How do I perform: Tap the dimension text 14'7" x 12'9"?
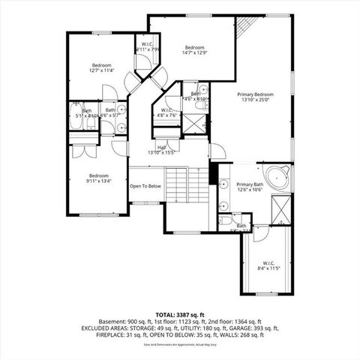coord(194,52)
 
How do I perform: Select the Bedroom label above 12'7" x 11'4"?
coord(101,65)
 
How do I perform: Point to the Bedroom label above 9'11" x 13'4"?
coord(98,175)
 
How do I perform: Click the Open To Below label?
coord(145,186)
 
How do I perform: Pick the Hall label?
coord(162,147)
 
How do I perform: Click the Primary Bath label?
coord(250,184)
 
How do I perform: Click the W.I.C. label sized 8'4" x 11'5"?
coord(266,262)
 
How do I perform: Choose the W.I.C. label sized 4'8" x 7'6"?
coord(166,109)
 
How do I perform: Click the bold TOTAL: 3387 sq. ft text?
coord(180,315)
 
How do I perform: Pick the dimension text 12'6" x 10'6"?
coord(250,190)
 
